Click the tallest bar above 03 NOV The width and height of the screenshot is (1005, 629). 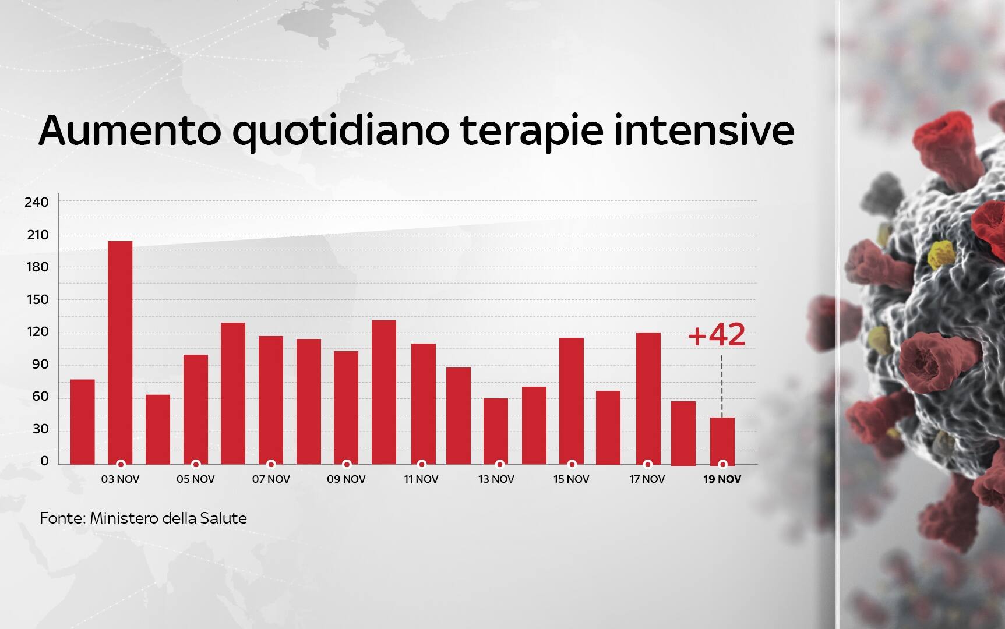tap(120, 352)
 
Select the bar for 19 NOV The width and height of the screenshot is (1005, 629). tap(722, 441)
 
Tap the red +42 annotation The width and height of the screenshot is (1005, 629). tap(716, 335)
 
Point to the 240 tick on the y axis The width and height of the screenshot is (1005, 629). tap(37, 202)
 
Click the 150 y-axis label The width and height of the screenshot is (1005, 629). tap(37, 300)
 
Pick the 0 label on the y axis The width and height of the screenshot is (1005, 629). tap(45, 461)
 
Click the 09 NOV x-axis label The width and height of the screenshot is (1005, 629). tap(346, 479)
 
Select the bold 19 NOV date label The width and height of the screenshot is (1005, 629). tap(722, 479)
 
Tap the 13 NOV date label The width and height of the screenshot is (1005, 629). tap(496, 479)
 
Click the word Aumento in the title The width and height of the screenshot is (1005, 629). tap(130, 131)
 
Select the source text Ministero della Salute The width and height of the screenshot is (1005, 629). tap(168, 518)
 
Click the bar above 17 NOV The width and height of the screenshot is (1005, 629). tap(648, 398)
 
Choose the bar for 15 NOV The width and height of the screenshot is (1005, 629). tap(572, 401)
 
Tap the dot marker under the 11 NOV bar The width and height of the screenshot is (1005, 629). tap(422, 465)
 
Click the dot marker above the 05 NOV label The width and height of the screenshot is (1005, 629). tap(196, 465)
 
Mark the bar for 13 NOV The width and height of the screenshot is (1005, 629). tap(496, 431)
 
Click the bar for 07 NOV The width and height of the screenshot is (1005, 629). tap(271, 400)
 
